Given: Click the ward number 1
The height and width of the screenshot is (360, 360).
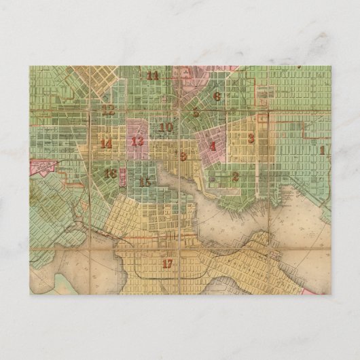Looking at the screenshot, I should (322, 149).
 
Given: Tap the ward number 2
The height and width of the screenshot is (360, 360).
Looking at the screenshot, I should (235, 177).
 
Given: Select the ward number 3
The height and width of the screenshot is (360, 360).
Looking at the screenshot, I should (251, 139).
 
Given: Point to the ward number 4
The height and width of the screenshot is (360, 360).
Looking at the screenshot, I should (213, 145).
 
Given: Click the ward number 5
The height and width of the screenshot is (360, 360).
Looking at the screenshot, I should (196, 113).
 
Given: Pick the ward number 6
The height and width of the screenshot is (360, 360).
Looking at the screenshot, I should (217, 96).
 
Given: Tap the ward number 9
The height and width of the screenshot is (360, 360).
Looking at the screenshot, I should (183, 156).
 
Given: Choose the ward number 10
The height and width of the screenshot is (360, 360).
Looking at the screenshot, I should (166, 126).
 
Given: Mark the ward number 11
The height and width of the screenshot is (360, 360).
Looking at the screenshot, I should (153, 76).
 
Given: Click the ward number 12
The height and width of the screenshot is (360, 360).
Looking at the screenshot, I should (109, 109).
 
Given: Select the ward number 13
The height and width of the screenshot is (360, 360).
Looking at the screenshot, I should (138, 141).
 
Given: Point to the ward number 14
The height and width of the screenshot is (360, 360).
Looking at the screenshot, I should (106, 143).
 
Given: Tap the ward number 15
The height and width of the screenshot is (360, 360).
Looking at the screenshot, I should (145, 181).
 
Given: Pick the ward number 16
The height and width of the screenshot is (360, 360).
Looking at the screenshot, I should (110, 173).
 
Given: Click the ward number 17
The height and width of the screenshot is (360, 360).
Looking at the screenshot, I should (167, 262).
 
